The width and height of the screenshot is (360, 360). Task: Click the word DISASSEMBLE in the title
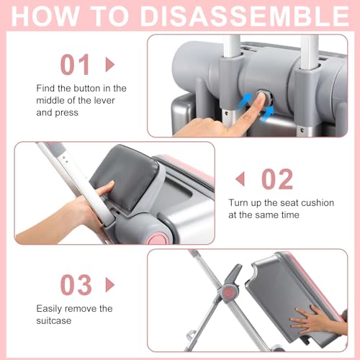click(244, 17)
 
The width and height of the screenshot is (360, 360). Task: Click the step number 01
click(75, 64)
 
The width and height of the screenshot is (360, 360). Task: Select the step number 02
click(277, 179)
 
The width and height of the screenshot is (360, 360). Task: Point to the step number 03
click(76, 285)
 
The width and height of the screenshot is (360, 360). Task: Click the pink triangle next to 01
click(110, 64)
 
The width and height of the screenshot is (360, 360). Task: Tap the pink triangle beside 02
click(240, 179)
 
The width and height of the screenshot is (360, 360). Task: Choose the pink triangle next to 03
click(110, 285)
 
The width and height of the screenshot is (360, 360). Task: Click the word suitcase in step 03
click(54, 320)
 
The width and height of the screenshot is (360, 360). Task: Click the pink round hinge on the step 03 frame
click(229, 292)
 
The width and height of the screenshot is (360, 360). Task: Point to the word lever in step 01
click(104, 100)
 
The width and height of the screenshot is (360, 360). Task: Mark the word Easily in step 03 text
click(49, 309)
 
